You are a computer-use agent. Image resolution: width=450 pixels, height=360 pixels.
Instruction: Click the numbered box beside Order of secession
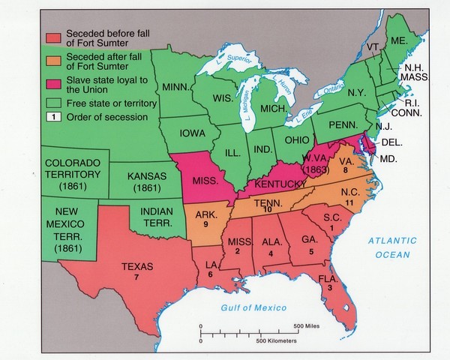[53, 117]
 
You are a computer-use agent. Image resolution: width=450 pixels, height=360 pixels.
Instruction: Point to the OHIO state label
[294, 139]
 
